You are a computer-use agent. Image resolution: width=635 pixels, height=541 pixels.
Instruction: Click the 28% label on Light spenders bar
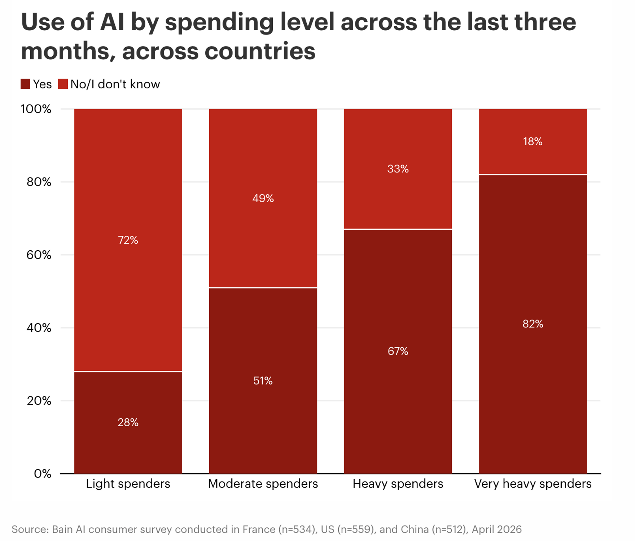(x=128, y=422)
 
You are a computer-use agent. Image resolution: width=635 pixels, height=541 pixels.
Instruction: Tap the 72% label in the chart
(x=128, y=240)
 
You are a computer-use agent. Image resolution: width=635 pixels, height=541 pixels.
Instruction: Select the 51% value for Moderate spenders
(x=263, y=381)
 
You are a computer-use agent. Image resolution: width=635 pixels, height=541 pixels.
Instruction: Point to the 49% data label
(x=263, y=198)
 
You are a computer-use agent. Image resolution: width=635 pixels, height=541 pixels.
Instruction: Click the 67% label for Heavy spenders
(x=398, y=351)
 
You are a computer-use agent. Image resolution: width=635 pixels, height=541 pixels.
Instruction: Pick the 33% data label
(x=398, y=169)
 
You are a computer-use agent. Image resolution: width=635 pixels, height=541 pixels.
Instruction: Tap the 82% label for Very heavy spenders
(x=533, y=324)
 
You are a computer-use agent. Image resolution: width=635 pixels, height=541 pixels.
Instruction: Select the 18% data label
(x=533, y=141)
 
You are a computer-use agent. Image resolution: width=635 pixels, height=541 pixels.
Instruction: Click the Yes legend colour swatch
(x=25, y=84)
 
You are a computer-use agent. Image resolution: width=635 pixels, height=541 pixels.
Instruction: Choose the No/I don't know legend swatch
(x=63, y=84)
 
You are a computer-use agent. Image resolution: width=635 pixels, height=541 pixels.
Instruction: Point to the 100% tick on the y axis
(x=36, y=109)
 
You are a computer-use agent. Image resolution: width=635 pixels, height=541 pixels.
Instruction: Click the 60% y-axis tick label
(x=39, y=255)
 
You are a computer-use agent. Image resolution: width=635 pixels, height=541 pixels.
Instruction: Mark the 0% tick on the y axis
(x=43, y=474)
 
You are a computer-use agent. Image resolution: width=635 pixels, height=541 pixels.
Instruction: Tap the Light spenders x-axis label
(x=128, y=484)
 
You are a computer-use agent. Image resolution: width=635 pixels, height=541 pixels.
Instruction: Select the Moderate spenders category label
(x=263, y=484)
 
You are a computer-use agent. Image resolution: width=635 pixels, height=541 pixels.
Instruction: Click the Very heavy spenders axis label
(x=533, y=484)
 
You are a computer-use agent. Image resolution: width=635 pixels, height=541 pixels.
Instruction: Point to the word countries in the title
(x=260, y=51)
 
